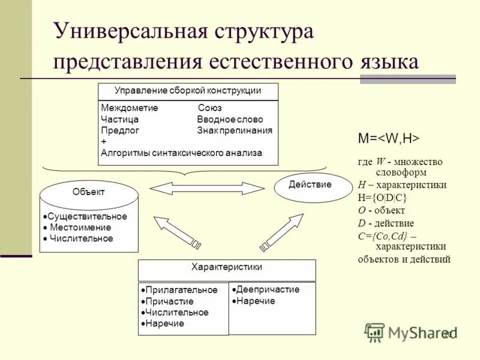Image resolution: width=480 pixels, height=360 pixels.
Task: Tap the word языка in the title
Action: pos(382,62)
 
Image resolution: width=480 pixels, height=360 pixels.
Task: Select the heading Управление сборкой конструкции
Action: pos(188,91)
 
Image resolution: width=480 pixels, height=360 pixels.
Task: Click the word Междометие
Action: pos(130,109)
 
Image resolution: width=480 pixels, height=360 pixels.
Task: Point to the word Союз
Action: pos(209,109)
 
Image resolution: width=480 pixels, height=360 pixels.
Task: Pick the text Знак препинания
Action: pos(235,130)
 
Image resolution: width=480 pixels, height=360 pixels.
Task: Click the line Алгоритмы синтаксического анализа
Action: pos(181,153)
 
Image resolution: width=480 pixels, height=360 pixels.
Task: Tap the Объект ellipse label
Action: pos(88,192)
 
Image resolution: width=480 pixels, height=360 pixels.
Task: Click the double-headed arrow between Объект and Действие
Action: pos(207,188)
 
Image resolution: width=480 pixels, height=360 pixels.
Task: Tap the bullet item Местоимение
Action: pos(80,227)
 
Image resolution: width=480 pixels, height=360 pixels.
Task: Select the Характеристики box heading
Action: pos(226,267)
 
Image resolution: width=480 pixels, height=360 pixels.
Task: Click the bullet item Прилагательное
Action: pos(181,290)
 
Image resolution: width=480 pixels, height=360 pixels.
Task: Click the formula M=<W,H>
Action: pos(388,138)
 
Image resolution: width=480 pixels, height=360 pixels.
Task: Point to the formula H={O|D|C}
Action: pos(382,197)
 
